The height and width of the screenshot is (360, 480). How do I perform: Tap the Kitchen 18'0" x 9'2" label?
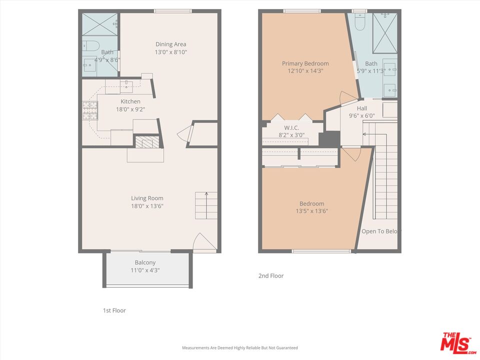pyautogui.click(x=130, y=105)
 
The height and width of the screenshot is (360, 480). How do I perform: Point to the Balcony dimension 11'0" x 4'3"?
pyautogui.click(x=145, y=270)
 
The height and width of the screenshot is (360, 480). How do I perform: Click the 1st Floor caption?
pyautogui.click(x=114, y=310)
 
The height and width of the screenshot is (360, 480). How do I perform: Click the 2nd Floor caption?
pyautogui.click(x=270, y=275)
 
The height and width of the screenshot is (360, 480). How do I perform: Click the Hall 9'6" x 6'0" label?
pyautogui.click(x=361, y=112)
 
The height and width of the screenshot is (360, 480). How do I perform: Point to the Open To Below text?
pyautogui.click(x=381, y=231)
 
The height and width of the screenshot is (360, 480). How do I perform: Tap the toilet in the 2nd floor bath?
pyautogui.click(x=359, y=22)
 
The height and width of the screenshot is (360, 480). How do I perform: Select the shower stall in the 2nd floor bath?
pyautogui.click(x=385, y=33)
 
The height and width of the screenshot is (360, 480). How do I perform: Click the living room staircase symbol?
pyautogui.click(x=206, y=205)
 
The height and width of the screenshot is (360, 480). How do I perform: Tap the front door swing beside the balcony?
pyautogui.click(x=204, y=243)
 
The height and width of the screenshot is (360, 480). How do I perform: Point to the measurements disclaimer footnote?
pyautogui.click(x=239, y=347)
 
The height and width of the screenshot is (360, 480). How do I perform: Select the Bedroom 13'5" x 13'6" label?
pyautogui.click(x=311, y=207)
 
